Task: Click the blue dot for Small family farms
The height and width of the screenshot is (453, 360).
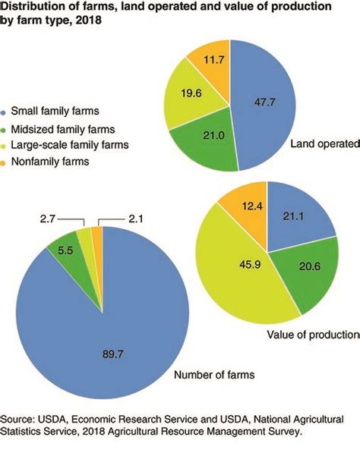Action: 8,112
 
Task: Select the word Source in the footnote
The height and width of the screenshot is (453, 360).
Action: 17,419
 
